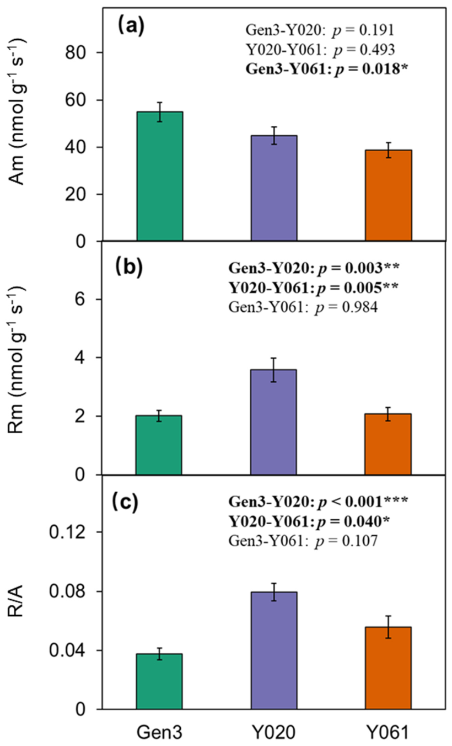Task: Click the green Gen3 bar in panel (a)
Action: click(x=160, y=176)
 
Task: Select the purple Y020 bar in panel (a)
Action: click(x=274, y=188)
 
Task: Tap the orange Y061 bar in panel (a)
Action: click(x=389, y=195)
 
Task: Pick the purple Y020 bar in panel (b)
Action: click(x=273, y=422)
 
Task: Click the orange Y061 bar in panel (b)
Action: click(x=388, y=444)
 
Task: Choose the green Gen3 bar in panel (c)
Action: click(x=159, y=681)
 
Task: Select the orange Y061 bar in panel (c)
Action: click(x=388, y=668)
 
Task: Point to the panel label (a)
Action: click(x=131, y=26)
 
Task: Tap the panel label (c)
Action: click(x=125, y=502)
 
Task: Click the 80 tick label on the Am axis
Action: click(x=76, y=52)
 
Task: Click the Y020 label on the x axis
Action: click(x=274, y=732)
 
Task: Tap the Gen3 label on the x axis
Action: click(x=160, y=732)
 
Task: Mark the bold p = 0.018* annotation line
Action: click(x=327, y=70)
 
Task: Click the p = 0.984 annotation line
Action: click(x=303, y=307)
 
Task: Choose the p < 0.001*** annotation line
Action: click(x=318, y=501)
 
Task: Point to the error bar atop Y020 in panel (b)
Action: click(x=273, y=370)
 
